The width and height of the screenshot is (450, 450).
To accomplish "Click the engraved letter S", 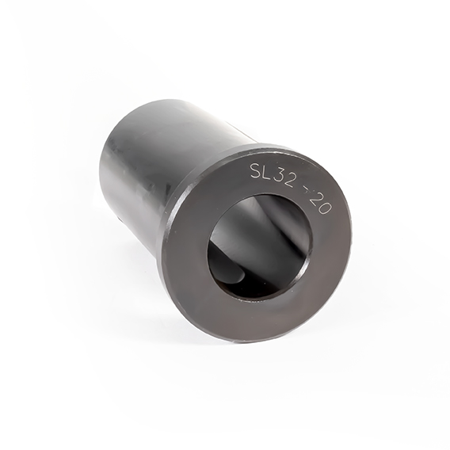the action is (x=256, y=170).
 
